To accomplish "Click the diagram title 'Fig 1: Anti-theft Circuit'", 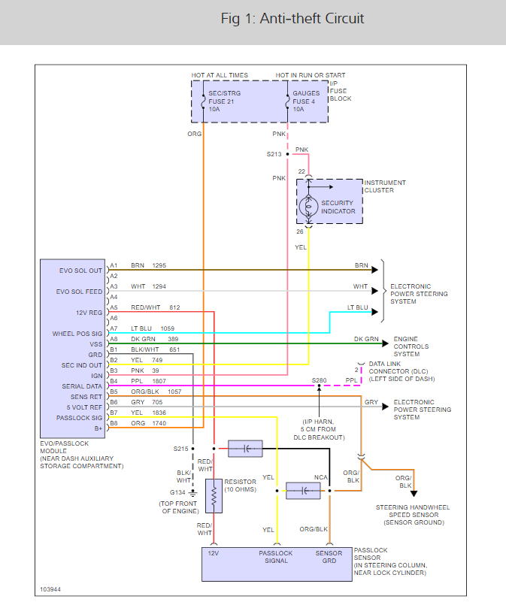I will tap(292, 19).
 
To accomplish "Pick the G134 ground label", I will tap(178, 492).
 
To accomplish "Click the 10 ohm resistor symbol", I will tap(214, 496).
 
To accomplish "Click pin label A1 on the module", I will tap(114, 265).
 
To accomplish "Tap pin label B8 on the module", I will tap(114, 423).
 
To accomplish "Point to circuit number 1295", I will tap(159, 265).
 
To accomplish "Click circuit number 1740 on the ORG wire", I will tap(159, 423).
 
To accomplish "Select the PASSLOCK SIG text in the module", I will tap(79, 418).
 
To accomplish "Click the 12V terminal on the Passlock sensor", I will tap(214, 553).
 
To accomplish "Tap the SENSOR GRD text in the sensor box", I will tap(328, 557).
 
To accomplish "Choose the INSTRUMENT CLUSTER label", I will tap(385, 186).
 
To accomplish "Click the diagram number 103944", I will tap(52, 590).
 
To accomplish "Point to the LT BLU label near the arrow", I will tap(357, 307).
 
